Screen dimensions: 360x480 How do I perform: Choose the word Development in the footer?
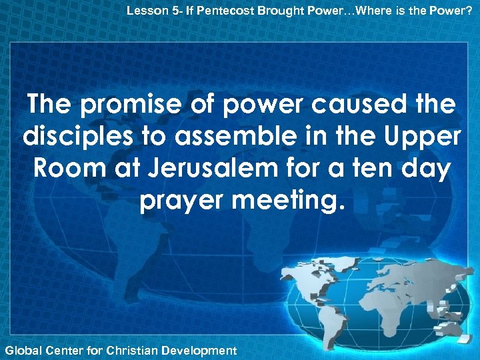coord(199,349)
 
